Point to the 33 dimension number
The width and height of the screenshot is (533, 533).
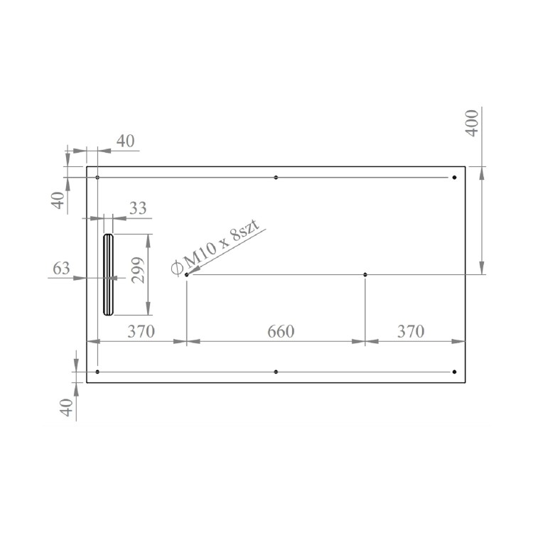(x=138, y=208)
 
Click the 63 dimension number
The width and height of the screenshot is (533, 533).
(x=62, y=269)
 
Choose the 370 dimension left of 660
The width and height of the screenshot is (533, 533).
(x=141, y=331)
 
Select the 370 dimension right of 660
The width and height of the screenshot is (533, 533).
(x=410, y=331)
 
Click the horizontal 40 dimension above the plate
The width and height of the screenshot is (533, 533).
(x=125, y=141)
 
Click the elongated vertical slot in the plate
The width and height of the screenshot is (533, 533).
(x=107, y=274)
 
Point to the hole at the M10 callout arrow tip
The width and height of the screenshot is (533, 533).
(x=186, y=274)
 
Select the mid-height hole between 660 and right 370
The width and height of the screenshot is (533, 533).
(x=365, y=274)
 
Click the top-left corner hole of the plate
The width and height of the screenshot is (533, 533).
(x=97, y=177)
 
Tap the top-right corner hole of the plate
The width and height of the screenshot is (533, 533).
(x=454, y=177)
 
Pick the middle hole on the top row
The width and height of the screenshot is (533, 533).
(x=276, y=177)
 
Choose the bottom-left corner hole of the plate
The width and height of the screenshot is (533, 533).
(x=97, y=372)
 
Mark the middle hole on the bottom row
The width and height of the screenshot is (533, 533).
(x=276, y=372)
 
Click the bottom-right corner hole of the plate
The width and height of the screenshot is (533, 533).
(x=454, y=372)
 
